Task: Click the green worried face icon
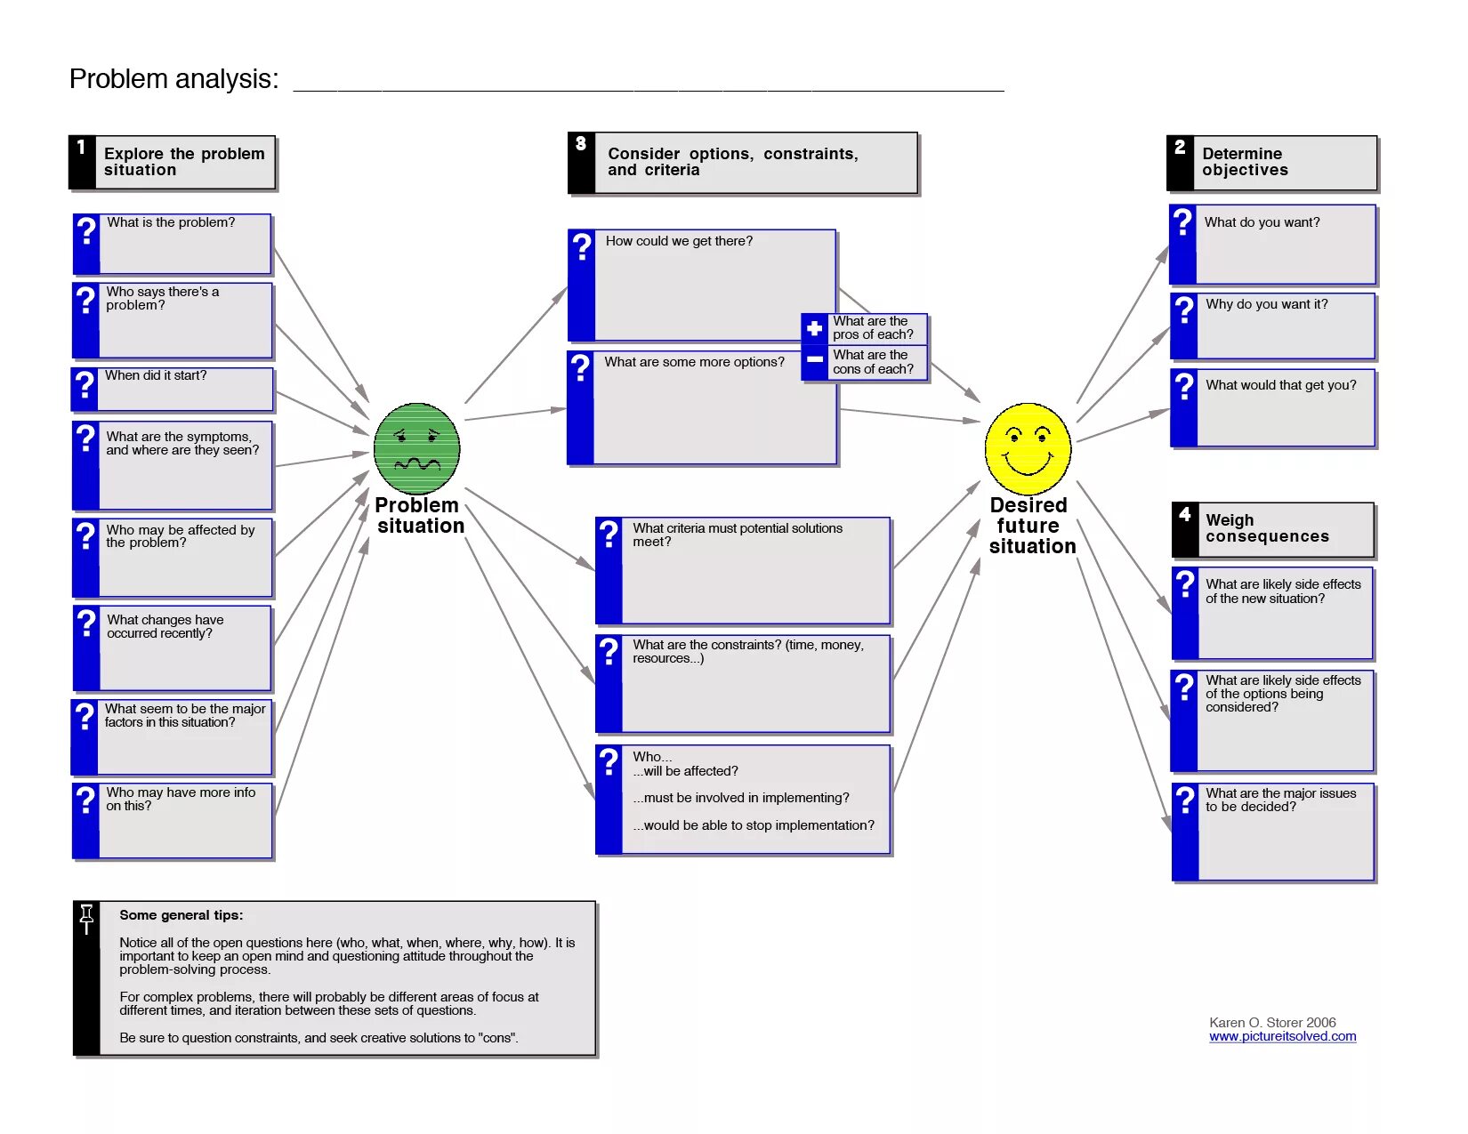point(416,449)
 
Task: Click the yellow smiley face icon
point(1028,448)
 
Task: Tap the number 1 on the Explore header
point(81,148)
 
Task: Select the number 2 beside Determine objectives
point(1180,148)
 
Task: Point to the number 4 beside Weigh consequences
point(1184,514)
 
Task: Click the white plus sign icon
point(814,328)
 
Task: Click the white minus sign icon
point(814,360)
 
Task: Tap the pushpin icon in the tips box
point(86,919)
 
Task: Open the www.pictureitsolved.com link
point(1282,1036)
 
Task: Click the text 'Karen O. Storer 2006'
point(1272,1022)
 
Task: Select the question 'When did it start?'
point(156,375)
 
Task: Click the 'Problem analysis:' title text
point(174,79)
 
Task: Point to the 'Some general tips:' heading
point(181,914)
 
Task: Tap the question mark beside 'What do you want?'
point(1182,221)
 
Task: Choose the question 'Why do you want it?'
point(1266,304)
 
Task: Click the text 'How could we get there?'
point(679,241)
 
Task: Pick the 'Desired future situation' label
point(1031,526)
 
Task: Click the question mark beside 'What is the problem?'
point(86,231)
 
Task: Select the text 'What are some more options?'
point(694,362)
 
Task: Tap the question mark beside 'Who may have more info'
point(85,800)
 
